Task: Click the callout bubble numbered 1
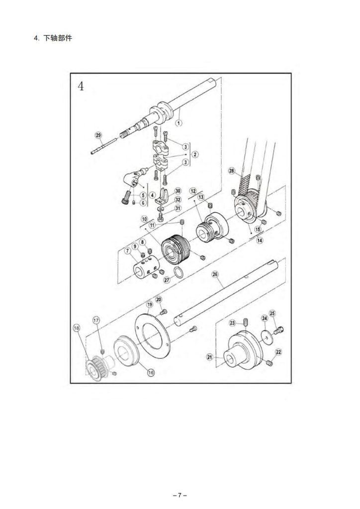(x=179, y=123)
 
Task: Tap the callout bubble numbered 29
(x=98, y=135)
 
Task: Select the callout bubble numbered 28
(x=231, y=171)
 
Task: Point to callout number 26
(x=215, y=274)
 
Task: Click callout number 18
(x=76, y=328)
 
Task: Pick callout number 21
(x=210, y=357)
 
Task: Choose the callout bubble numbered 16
(x=151, y=372)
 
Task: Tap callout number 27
(x=167, y=280)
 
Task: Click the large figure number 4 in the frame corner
(x=81, y=86)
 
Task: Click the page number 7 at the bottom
(x=180, y=496)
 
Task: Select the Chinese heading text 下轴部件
(x=58, y=38)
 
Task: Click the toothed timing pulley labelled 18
(x=97, y=368)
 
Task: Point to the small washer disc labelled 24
(x=267, y=336)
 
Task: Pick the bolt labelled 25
(x=279, y=331)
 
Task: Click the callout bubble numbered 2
(x=195, y=154)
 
